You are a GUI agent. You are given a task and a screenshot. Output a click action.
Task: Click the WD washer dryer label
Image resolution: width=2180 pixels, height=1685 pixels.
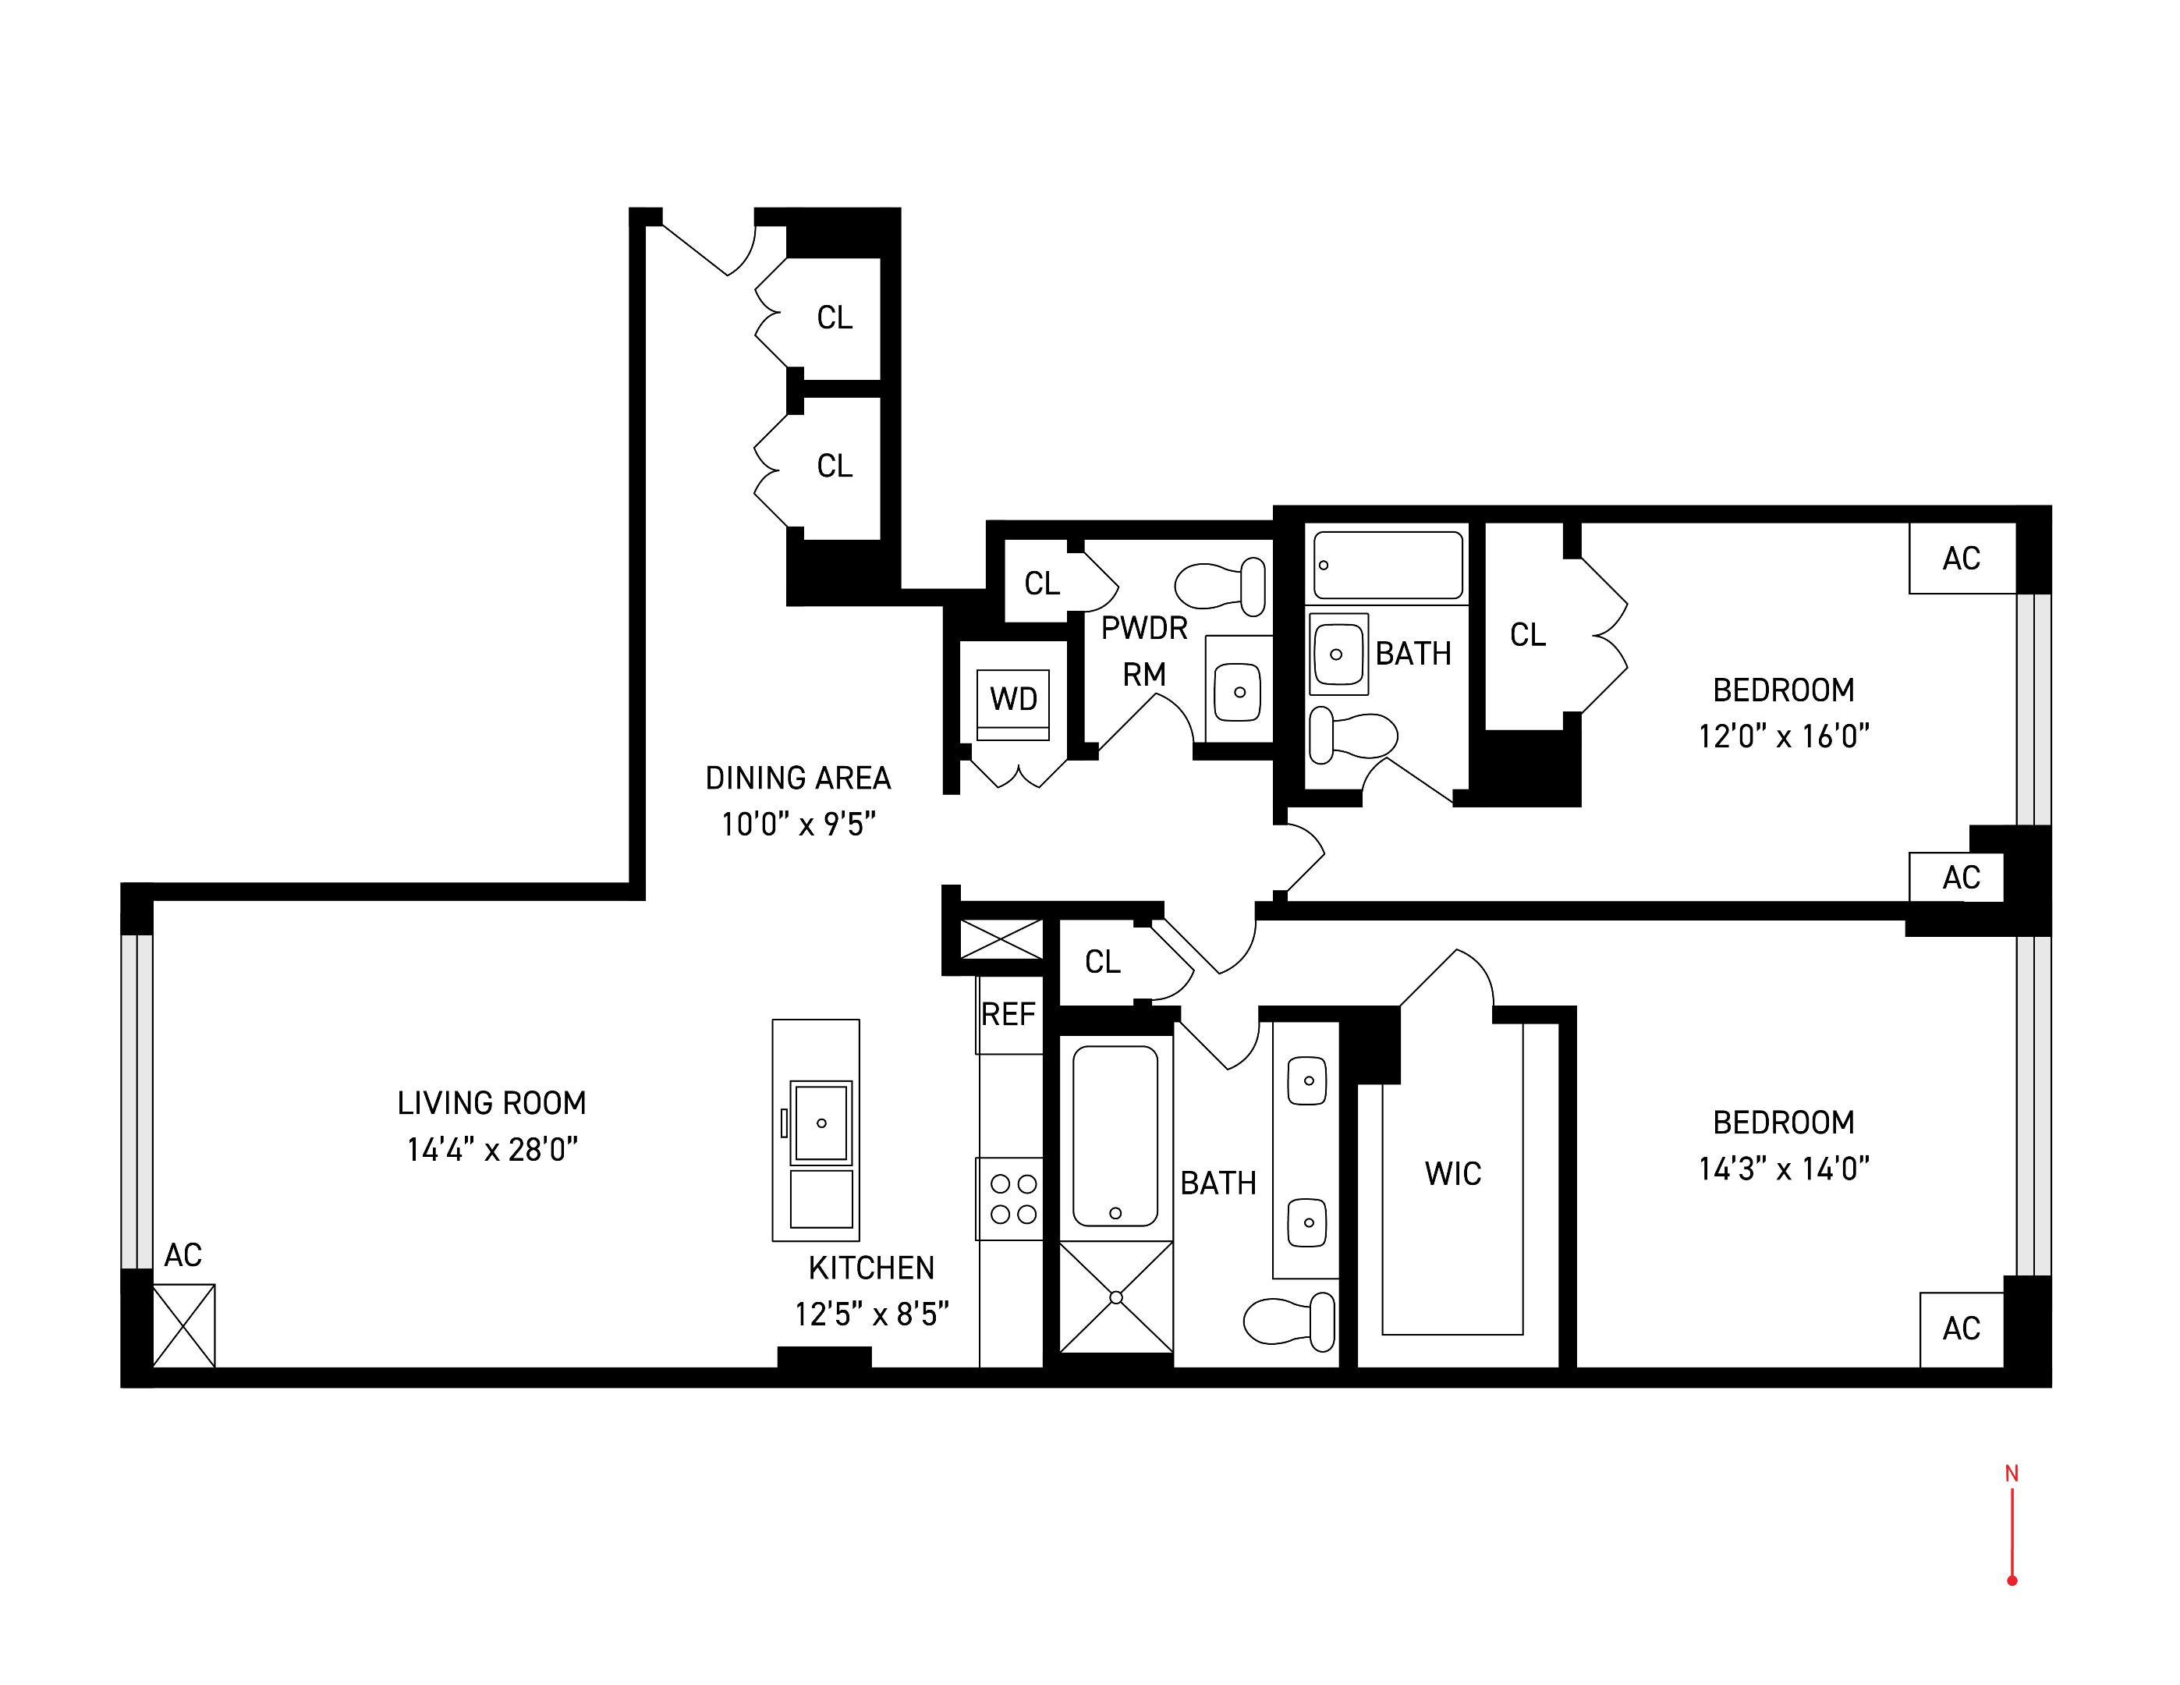click(1013, 699)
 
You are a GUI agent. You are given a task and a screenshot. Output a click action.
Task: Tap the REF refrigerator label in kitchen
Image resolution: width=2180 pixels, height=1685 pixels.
click(1008, 1015)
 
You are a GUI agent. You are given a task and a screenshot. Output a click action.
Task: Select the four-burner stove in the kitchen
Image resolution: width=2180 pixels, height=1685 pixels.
click(1012, 1199)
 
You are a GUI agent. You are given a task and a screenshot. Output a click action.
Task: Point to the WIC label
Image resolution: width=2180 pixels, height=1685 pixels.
click(1452, 1174)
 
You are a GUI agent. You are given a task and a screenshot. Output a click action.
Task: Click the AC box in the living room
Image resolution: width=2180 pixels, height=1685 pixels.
click(183, 1325)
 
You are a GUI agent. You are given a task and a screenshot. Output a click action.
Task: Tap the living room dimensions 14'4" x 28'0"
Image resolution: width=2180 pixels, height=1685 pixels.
click(492, 1150)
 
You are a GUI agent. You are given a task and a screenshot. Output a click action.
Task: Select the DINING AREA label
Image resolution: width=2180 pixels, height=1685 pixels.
click(798, 779)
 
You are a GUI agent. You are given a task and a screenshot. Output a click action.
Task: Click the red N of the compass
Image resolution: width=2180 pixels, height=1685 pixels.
click(2012, 1474)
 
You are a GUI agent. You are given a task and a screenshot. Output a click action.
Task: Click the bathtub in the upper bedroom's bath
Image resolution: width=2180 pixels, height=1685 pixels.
click(1388, 565)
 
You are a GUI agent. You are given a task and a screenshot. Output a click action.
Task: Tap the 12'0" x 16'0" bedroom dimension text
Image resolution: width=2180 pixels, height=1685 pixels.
click(1783, 736)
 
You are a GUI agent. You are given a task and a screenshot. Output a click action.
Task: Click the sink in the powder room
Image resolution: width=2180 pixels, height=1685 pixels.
click(1238, 690)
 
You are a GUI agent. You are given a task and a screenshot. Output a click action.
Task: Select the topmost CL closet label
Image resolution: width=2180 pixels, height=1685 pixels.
click(835, 317)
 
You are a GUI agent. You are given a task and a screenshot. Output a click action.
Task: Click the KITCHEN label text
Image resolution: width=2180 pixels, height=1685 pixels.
click(871, 1268)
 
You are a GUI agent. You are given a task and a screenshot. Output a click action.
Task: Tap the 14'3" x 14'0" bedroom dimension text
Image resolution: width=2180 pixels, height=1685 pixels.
click(1783, 1169)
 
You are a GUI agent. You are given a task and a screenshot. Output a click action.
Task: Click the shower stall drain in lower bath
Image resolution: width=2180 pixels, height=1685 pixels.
click(1116, 1298)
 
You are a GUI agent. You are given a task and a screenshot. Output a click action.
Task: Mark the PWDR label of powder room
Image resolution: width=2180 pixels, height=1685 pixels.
click(1144, 629)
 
